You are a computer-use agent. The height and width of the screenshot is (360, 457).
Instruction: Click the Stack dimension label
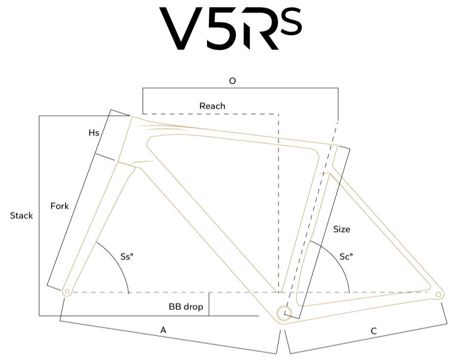click(21, 216)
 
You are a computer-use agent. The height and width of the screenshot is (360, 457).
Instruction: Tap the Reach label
click(212, 106)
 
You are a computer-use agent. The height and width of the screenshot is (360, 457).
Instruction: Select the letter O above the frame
click(232, 81)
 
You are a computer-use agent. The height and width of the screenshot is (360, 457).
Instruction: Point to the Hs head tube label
click(94, 133)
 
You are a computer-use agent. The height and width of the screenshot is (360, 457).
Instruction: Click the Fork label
click(60, 206)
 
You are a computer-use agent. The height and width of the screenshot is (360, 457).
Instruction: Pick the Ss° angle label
click(127, 257)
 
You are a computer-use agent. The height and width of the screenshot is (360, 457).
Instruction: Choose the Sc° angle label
click(346, 257)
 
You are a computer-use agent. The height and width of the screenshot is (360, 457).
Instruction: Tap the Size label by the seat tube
click(342, 229)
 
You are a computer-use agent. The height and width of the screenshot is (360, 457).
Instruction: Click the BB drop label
click(186, 307)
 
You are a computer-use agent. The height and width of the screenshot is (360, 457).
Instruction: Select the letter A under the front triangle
click(163, 330)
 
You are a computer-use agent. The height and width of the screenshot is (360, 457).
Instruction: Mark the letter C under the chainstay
click(373, 331)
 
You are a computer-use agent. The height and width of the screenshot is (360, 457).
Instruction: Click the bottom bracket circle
click(284, 314)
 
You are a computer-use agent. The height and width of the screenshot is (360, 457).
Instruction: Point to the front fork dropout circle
click(67, 291)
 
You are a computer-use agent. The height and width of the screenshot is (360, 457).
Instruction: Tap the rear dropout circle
click(439, 294)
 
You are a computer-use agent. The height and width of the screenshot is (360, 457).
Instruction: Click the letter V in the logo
click(177, 28)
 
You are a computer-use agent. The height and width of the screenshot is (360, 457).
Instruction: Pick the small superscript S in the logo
click(291, 21)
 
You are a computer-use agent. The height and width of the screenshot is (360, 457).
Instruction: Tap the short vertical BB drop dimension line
click(209, 304)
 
